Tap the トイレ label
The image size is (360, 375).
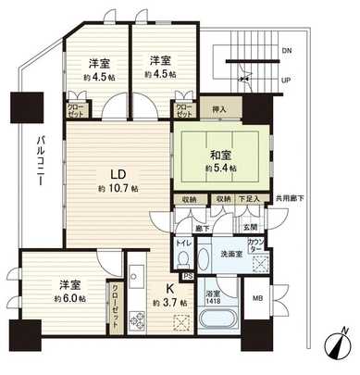[183, 243]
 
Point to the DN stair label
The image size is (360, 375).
[286, 50]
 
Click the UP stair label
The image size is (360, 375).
[286, 80]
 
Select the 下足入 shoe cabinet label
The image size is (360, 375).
[250, 199]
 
